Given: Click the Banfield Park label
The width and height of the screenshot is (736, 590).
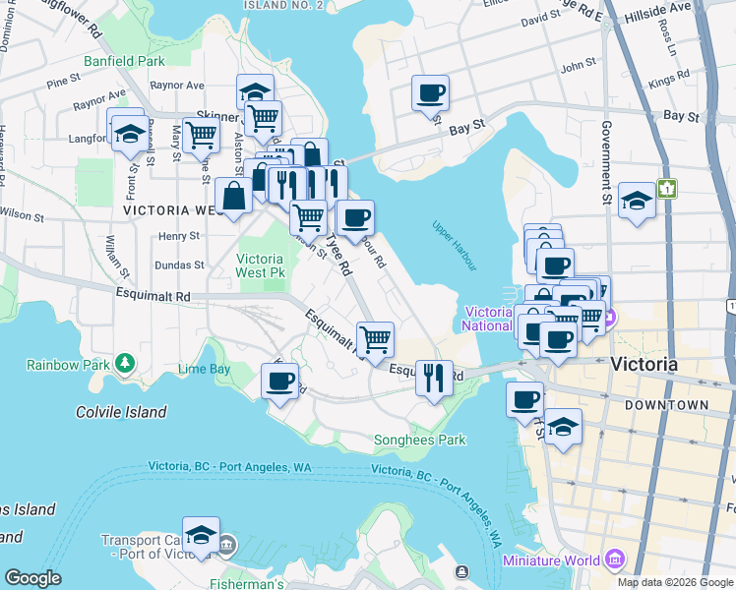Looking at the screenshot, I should [124, 61].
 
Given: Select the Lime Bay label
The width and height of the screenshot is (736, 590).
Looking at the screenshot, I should [205, 369].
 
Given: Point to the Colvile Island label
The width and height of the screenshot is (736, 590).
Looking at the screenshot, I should [121, 412].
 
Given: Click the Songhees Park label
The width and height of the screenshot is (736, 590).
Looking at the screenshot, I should [420, 440].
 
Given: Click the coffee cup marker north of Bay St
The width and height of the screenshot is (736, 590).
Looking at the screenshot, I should [430, 94].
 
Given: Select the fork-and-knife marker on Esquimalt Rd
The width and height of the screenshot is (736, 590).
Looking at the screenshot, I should [433, 376].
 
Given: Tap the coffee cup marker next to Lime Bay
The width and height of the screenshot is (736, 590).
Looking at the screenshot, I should [279, 380].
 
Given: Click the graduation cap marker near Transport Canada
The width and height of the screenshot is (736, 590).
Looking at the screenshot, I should [201, 535].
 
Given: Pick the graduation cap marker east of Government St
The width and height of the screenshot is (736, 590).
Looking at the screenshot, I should [638, 203].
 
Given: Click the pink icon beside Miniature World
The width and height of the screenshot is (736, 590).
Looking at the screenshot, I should [615, 560].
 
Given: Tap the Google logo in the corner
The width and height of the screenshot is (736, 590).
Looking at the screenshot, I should [32, 578].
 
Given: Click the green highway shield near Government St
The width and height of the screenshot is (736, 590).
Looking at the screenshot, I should [669, 188].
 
